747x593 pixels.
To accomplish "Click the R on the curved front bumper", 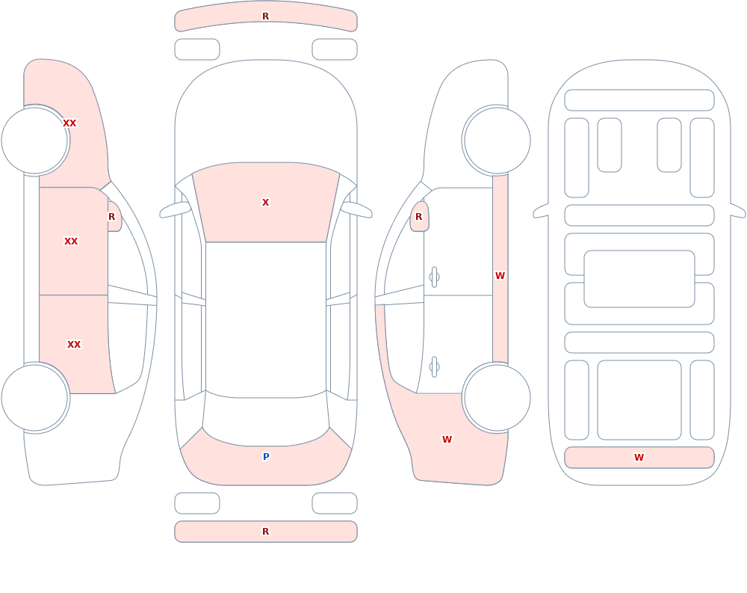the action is [266, 16].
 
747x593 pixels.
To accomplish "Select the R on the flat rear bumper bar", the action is [266, 532].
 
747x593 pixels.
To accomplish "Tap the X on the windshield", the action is [266, 203].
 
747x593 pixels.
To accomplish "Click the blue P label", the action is [267, 457].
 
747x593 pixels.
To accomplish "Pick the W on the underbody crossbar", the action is [639, 457].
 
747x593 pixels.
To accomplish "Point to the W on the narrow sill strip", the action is [500, 275].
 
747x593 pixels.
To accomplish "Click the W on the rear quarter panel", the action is [447, 440].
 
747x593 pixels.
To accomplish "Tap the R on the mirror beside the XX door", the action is [112, 217].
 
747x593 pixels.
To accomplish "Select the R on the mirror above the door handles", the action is [419, 217].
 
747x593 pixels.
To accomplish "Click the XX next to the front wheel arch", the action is [69, 123].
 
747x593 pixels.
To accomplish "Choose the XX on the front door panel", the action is [71, 242].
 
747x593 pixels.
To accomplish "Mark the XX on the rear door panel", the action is [74, 345].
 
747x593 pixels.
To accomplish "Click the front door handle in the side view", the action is [434, 277].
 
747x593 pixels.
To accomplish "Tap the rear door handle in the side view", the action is [434, 367].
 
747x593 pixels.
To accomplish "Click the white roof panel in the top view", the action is [266, 319].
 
